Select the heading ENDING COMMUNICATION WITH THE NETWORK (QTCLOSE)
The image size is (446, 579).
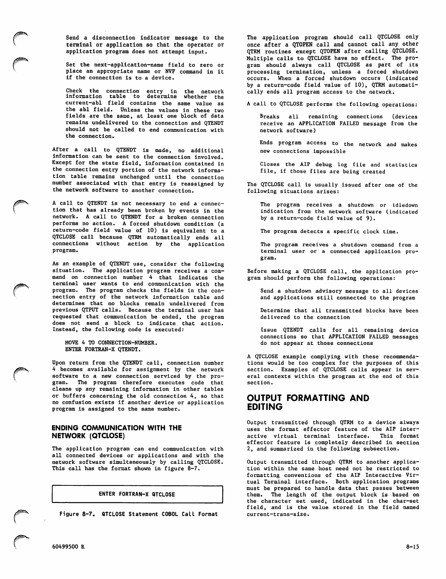[x=117, y=432]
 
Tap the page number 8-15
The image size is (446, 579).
[x=412, y=547]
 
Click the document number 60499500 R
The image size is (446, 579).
[x=68, y=547]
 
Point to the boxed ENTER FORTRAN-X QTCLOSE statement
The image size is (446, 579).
[x=137, y=494]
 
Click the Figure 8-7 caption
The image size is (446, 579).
[x=139, y=514]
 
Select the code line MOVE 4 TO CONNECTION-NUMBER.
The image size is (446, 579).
[x=111, y=343]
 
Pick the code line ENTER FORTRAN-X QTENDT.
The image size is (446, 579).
[x=98, y=349]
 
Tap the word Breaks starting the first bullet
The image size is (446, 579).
[x=269, y=117]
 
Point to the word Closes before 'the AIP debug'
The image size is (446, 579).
[x=270, y=164]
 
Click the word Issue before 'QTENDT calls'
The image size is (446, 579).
[x=268, y=330]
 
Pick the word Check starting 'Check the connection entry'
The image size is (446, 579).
[x=74, y=91]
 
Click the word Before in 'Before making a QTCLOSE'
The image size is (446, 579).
[x=257, y=271]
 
